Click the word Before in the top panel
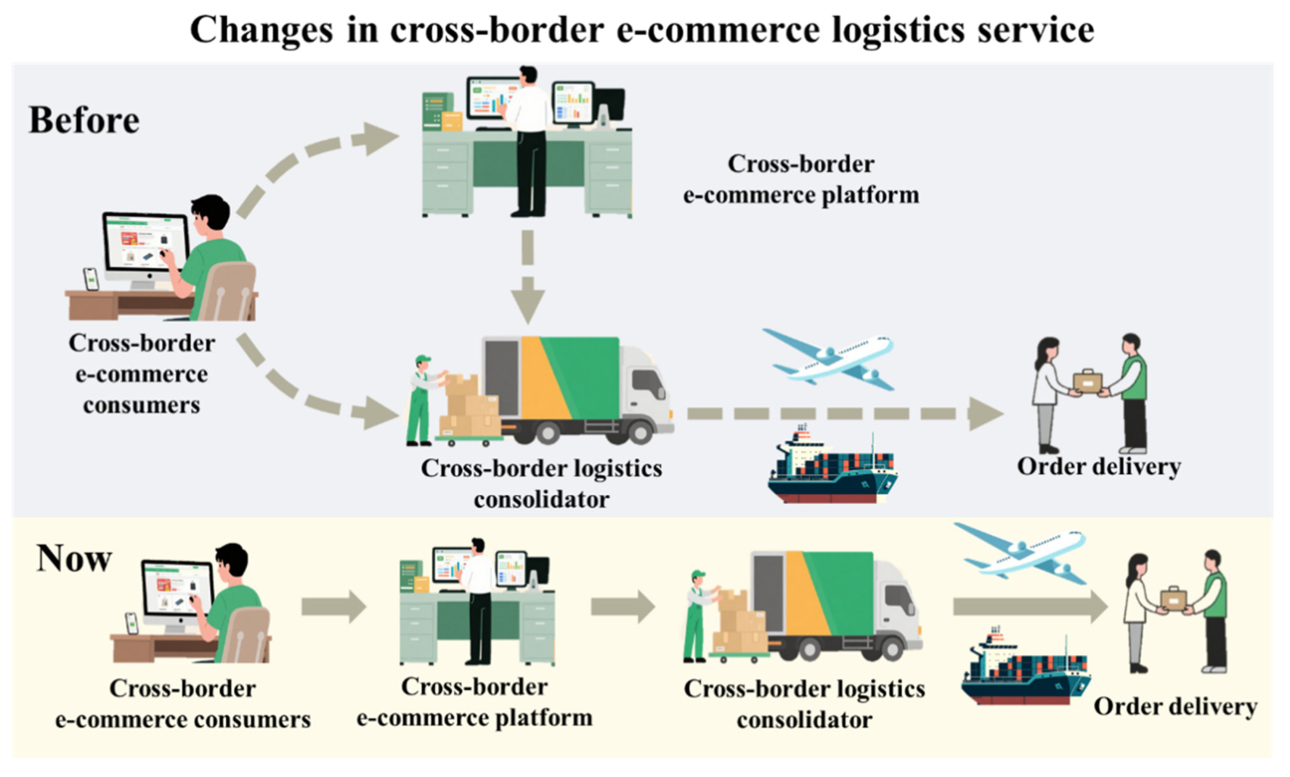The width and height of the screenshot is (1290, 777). click(84, 120)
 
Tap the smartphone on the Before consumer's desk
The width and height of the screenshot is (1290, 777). click(92, 279)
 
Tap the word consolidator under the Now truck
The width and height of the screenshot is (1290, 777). click(804, 720)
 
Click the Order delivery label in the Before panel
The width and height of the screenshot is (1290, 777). click(1099, 467)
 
